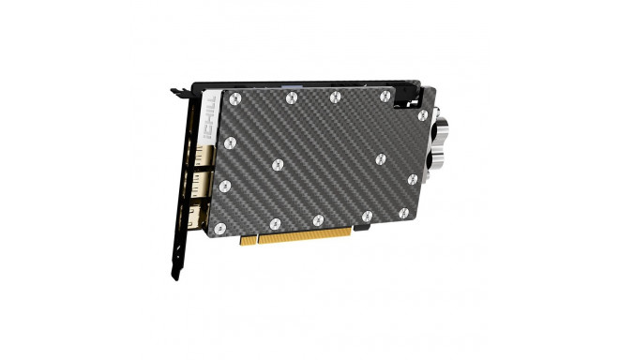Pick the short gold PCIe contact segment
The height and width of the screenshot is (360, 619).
click(249, 240)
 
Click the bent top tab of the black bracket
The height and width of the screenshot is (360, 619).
click(177, 93)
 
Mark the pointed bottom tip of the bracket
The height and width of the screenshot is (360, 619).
click(174, 277)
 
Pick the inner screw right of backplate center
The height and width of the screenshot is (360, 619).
click(380, 158)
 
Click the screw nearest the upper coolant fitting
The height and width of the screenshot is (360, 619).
click(423, 114)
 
